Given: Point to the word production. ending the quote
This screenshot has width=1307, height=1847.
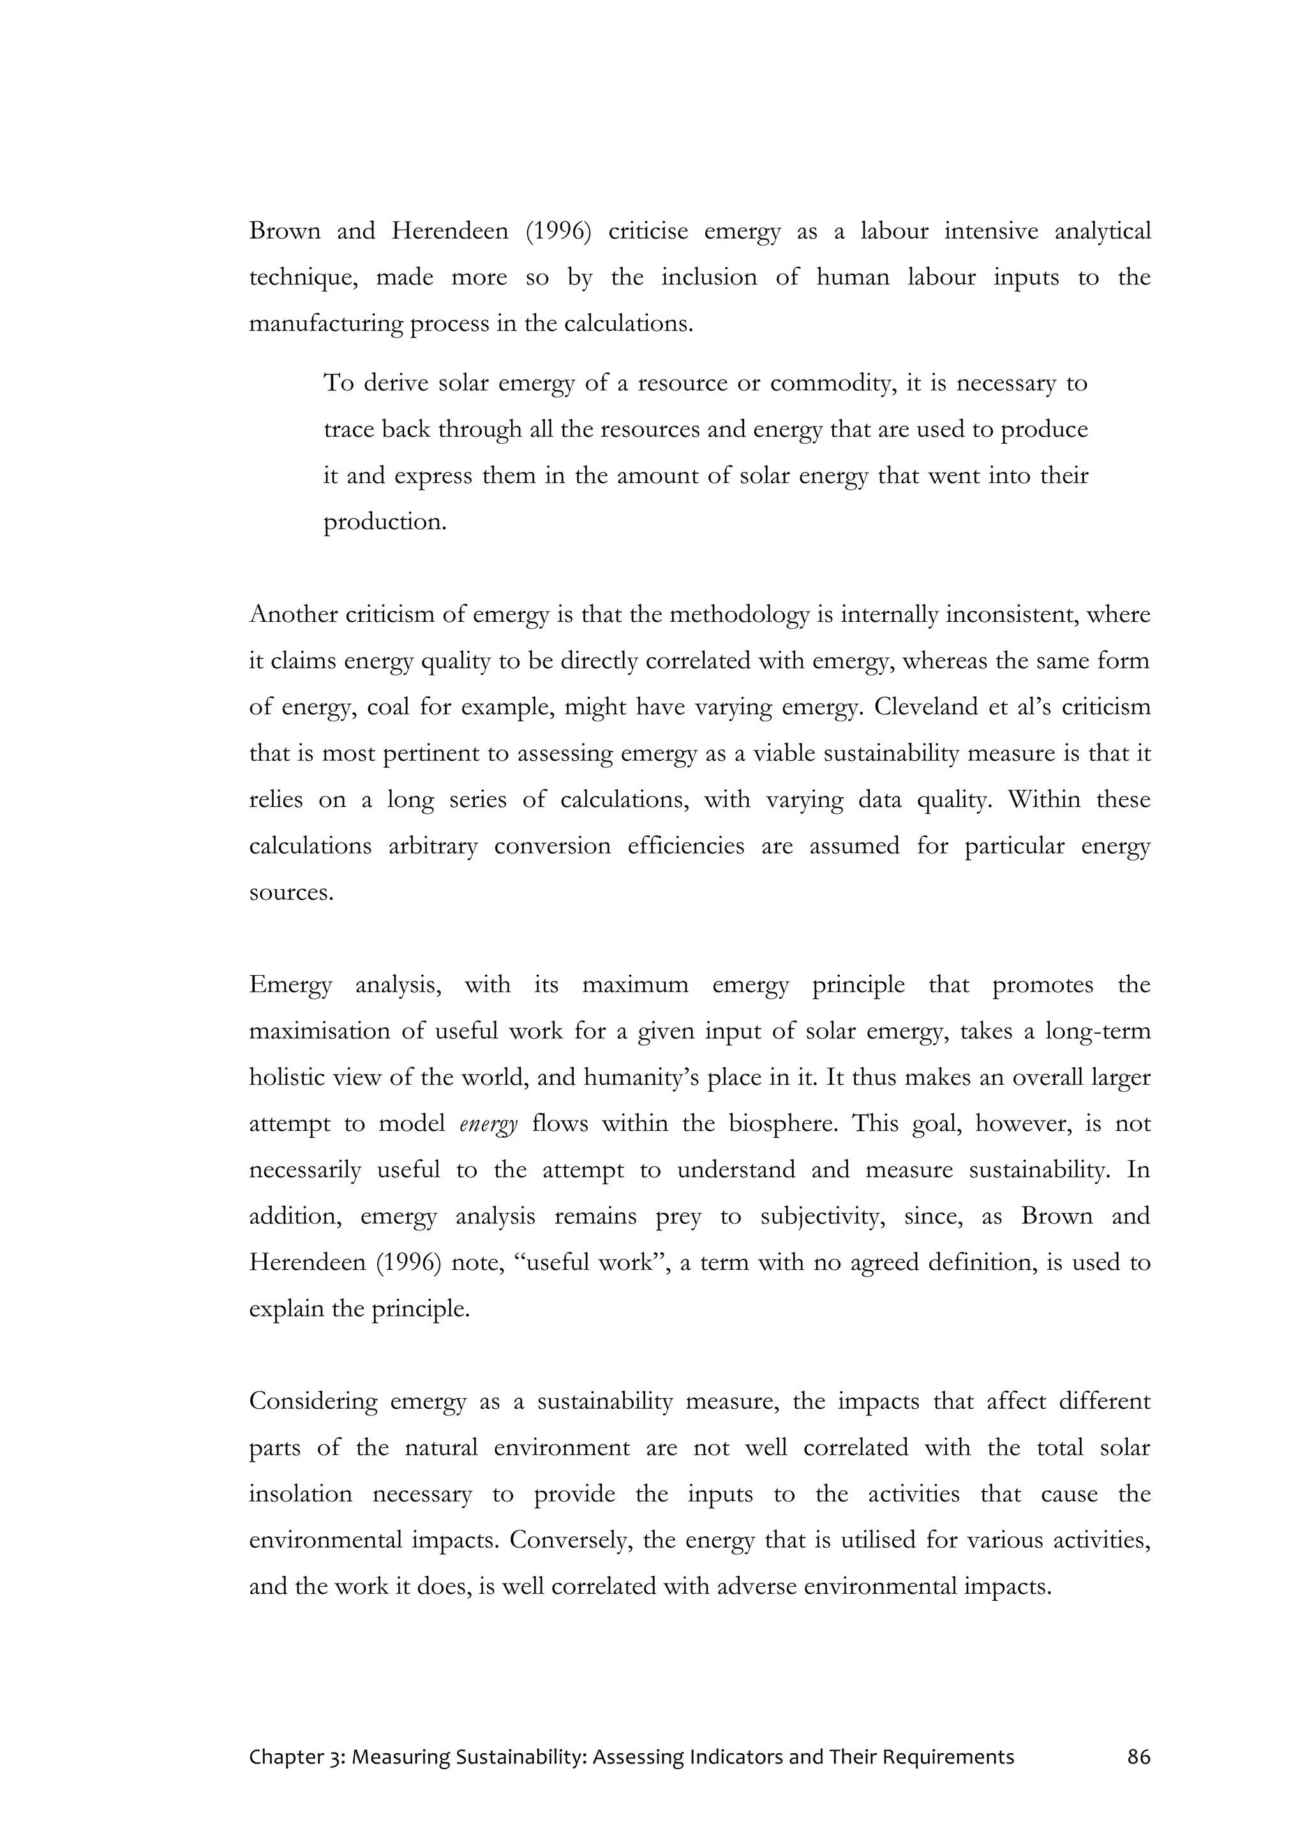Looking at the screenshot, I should pos(385,522).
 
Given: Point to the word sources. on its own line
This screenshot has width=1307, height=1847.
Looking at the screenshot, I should pos(290,893).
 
